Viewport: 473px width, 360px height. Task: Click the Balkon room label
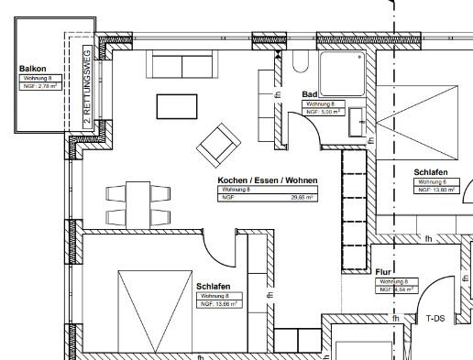pyautogui.click(x=33, y=69)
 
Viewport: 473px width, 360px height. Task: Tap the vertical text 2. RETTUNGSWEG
pyautogui.click(x=86, y=86)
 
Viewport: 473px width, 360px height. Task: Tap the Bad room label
pyautogui.click(x=310, y=94)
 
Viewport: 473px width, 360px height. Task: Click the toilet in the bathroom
pyautogui.click(x=301, y=60)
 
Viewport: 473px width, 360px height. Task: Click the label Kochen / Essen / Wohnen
pyautogui.click(x=267, y=180)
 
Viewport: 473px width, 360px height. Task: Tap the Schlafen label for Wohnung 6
pyautogui.click(x=430, y=172)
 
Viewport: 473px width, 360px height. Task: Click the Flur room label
pyautogui.click(x=384, y=272)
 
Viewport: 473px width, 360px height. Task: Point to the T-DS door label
pyautogui.click(x=434, y=319)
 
